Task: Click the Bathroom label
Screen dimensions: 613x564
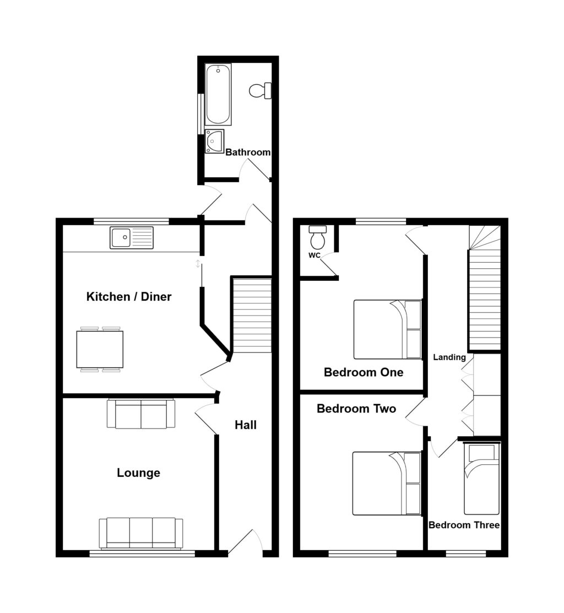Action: pyautogui.click(x=248, y=153)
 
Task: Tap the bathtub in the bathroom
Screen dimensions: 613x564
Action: pyautogui.click(x=218, y=94)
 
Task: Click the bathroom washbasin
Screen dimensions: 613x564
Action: pyautogui.click(x=214, y=141)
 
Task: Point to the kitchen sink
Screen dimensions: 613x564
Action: pyautogui.click(x=132, y=238)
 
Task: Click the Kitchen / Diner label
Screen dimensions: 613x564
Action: pyautogui.click(x=129, y=297)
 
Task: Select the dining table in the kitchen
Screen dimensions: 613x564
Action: pyautogui.click(x=100, y=349)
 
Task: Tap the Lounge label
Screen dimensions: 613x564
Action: pyautogui.click(x=138, y=473)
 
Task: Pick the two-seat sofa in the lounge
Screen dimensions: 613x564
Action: pyautogui.click(x=141, y=414)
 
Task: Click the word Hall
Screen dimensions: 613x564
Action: pyautogui.click(x=246, y=425)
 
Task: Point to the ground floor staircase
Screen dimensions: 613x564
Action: pyautogui.click(x=252, y=315)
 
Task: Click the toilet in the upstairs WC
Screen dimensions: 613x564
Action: pyautogui.click(x=318, y=238)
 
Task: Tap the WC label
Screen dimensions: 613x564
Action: pyautogui.click(x=314, y=255)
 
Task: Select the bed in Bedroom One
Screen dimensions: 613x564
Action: pyautogui.click(x=387, y=329)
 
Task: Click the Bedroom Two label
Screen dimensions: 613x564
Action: pyautogui.click(x=356, y=409)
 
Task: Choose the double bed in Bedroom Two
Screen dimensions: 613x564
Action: pyautogui.click(x=386, y=484)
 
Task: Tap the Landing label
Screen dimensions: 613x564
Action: pyautogui.click(x=449, y=357)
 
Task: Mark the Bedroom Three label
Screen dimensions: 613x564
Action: pyautogui.click(x=464, y=525)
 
